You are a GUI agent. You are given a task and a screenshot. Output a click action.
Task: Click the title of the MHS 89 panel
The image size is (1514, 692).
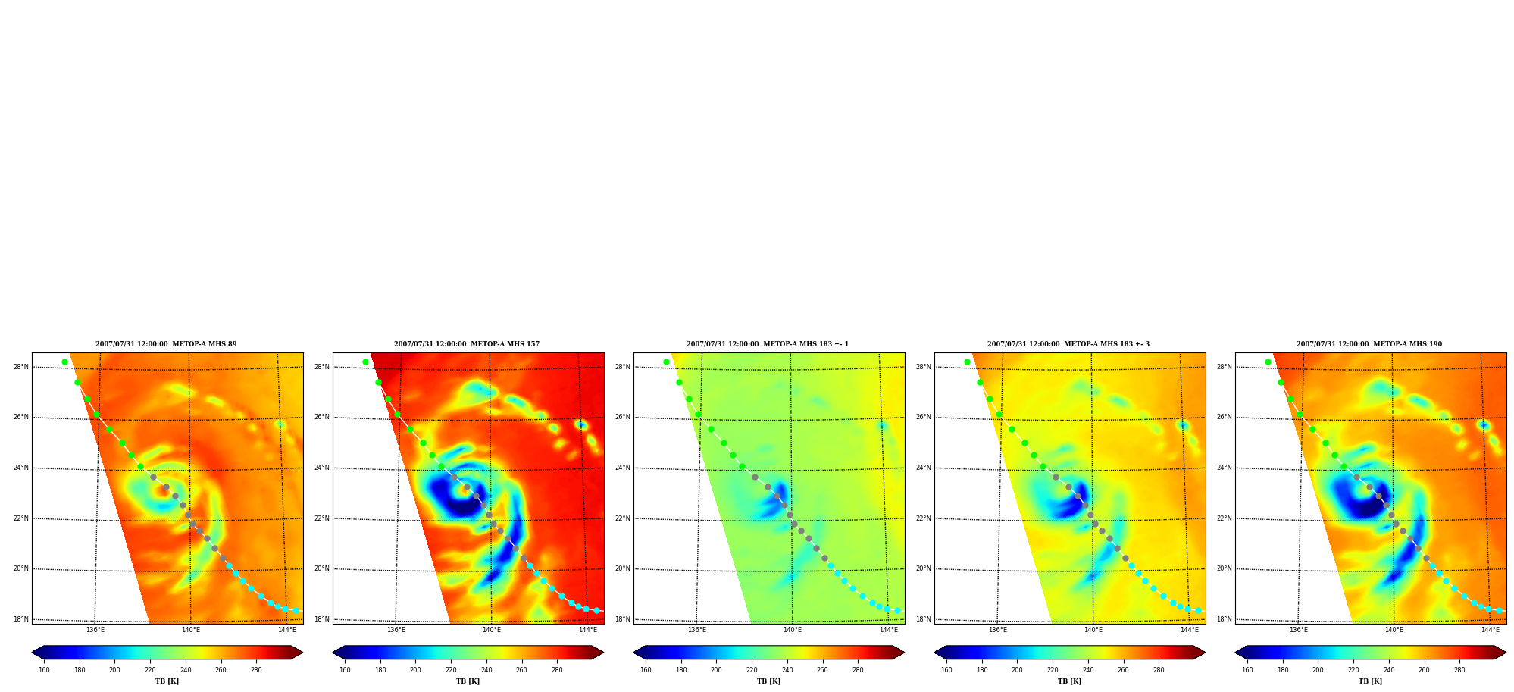pyautogui.click(x=166, y=344)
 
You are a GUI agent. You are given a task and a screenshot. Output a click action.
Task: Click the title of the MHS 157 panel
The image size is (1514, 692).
pyautogui.click(x=467, y=344)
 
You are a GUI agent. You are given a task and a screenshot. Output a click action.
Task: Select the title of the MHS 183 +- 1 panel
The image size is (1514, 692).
pyautogui.click(x=768, y=344)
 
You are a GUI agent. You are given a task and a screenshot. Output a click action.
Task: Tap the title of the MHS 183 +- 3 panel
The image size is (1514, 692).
pyautogui.click(x=1068, y=344)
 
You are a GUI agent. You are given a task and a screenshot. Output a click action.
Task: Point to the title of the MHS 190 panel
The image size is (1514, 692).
pyautogui.click(x=1369, y=344)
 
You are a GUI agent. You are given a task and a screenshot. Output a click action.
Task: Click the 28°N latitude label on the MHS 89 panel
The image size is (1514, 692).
pyautogui.click(x=21, y=367)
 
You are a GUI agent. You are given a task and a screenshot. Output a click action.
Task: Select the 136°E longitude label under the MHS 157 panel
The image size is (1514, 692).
pyautogui.click(x=396, y=630)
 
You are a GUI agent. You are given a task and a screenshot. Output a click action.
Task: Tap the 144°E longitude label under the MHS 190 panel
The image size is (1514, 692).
pyautogui.click(x=1491, y=630)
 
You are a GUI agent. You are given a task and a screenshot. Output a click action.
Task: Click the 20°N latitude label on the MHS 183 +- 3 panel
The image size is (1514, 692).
pyautogui.click(x=924, y=568)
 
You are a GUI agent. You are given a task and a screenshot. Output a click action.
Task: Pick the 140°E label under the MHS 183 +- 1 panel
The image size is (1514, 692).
pyautogui.click(x=793, y=630)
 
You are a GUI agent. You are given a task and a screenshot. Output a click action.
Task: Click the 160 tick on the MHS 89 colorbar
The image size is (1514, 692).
pyautogui.click(x=44, y=670)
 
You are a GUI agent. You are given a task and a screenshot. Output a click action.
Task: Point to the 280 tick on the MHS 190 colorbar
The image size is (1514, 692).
pyautogui.click(x=1459, y=670)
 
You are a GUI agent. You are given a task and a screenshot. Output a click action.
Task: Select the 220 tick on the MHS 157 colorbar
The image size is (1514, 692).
pyautogui.click(x=451, y=670)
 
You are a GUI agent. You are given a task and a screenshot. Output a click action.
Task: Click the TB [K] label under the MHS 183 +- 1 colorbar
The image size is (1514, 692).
pyautogui.click(x=769, y=681)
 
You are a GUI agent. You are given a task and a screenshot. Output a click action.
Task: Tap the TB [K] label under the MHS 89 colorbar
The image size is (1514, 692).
pyautogui.click(x=167, y=681)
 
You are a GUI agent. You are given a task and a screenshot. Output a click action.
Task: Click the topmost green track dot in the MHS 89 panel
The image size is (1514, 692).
pyautogui.click(x=64, y=362)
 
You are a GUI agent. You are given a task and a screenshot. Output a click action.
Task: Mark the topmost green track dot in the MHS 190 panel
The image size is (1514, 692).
pyautogui.click(x=1268, y=362)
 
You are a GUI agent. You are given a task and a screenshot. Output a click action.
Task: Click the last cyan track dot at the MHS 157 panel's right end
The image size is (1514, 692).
pyautogui.click(x=596, y=610)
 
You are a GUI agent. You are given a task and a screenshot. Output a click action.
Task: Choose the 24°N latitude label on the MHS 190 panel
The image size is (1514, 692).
pyautogui.click(x=1225, y=468)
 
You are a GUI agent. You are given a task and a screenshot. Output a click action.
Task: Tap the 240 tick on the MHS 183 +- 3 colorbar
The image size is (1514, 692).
pyautogui.click(x=1088, y=670)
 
